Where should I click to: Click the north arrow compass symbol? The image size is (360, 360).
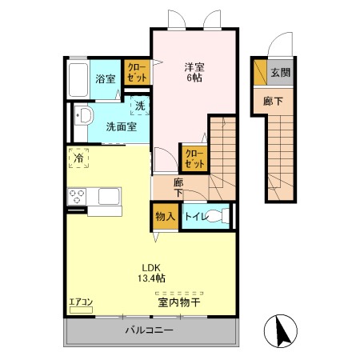point(281,330)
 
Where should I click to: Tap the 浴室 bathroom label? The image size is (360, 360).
point(106,79)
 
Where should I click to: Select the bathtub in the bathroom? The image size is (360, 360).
point(78,79)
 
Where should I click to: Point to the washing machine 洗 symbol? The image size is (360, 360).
point(140,106)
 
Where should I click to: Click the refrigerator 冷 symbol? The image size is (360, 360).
point(78,158)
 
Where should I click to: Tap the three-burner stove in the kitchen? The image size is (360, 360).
point(77,197)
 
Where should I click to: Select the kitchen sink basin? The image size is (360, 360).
point(109,197)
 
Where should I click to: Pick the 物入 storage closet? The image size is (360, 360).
point(166,216)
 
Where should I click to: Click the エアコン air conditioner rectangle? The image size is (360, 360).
point(81,310)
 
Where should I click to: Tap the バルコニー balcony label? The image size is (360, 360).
point(150,330)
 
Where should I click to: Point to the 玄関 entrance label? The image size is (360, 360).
point(280,73)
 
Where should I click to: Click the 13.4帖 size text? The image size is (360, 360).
point(151,278)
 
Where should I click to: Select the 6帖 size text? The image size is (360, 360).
point(194,78)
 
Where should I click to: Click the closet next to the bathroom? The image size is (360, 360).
point(137,72)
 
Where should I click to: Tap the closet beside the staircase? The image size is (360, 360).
point(194,159)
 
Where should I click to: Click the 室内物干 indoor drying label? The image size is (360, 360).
point(179,302)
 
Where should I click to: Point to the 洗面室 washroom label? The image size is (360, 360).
point(122,127)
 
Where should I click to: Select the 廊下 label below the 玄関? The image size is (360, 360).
point(273,102)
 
